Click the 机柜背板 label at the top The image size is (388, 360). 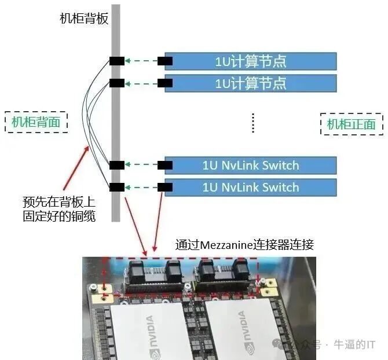coord(84,18)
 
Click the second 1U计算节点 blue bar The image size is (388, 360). coord(251,83)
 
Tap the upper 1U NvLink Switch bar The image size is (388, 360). coord(251,166)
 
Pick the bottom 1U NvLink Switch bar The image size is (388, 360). coord(251,187)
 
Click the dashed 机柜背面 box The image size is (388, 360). coord(35,122)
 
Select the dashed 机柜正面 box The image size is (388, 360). coord(351,124)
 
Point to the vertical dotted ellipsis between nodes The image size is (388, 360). coord(253,123)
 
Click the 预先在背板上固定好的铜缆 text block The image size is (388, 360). coord(58,209)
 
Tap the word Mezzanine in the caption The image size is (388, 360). coord(230,245)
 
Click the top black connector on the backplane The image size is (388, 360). coord(116,61)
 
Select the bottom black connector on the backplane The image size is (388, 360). coord(116,186)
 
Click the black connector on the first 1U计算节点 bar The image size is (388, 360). coord(165,61)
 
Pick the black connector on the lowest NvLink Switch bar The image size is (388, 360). coord(165,186)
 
